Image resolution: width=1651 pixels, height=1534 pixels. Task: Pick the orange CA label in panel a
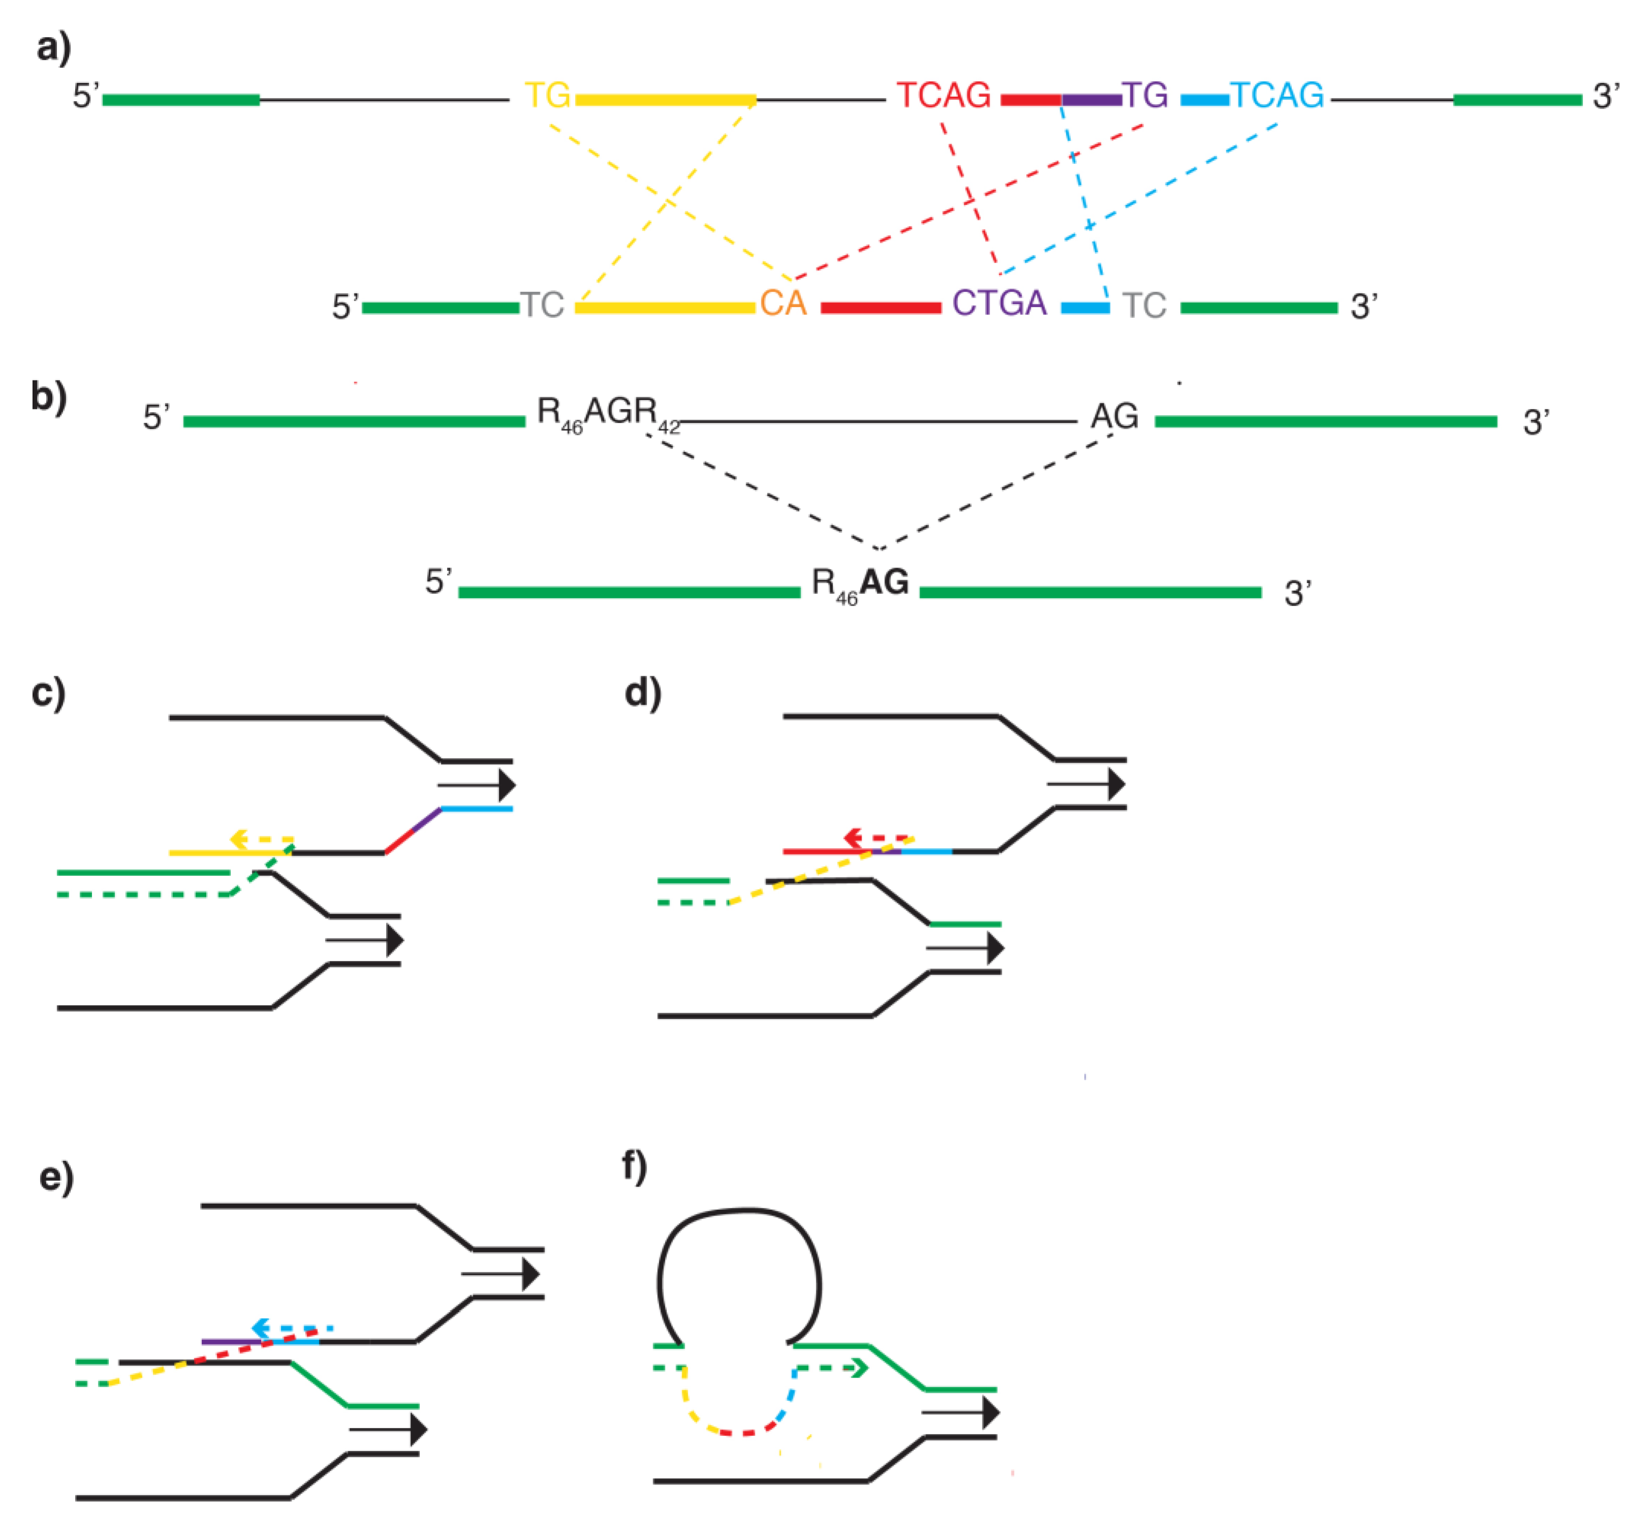(783, 304)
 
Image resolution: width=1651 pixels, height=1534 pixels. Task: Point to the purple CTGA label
(999, 304)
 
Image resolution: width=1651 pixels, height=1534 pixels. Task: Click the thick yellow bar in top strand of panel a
(665, 101)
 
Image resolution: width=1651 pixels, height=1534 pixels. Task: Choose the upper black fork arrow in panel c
(478, 785)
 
